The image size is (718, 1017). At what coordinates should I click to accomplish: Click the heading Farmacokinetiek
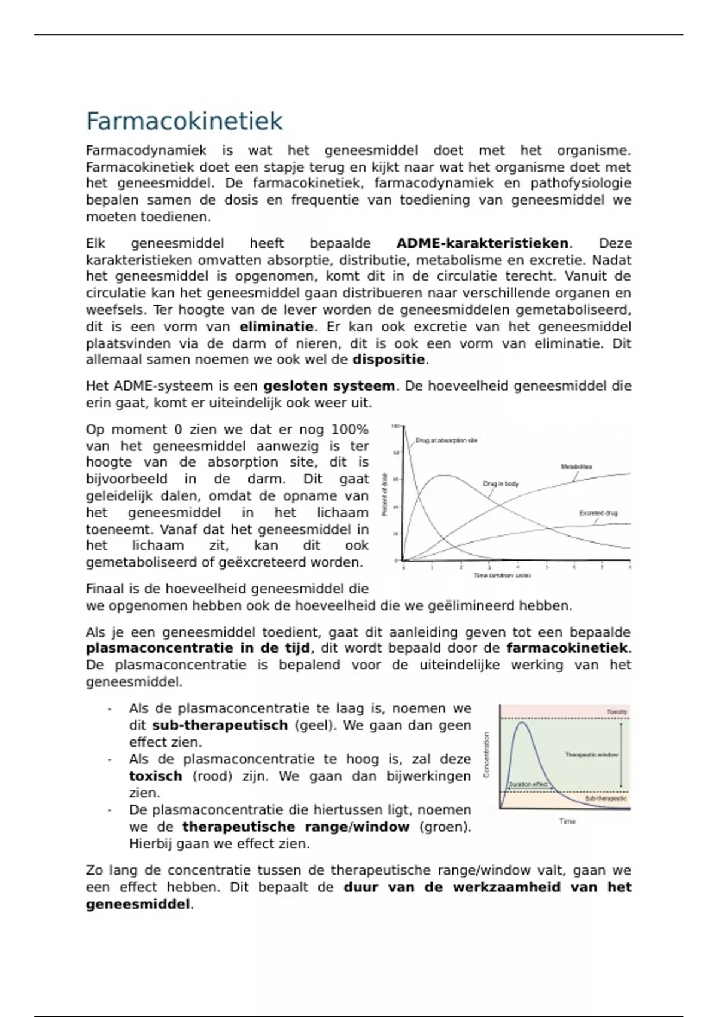pos(184,121)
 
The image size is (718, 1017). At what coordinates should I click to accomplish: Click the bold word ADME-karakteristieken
pos(482,243)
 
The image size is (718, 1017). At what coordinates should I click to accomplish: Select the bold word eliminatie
pos(276,327)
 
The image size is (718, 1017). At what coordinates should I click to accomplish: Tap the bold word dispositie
pos(389,360)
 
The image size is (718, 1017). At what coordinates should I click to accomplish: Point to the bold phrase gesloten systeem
pos(329,386)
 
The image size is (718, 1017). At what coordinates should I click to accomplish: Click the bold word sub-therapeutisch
pos(220,726)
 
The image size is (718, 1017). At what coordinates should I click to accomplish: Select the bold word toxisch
pos(156,776)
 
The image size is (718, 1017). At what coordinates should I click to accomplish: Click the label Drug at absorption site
pos(446,440)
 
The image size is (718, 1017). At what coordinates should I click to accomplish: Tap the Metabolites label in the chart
pos(576,467)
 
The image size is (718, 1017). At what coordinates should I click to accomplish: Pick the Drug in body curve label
pos(501,483)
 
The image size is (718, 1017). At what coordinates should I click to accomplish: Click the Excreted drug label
pos(598,513)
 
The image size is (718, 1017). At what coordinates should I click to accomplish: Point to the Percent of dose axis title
pos(385,494)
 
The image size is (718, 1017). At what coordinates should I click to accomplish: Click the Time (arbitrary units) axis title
pos(502,576)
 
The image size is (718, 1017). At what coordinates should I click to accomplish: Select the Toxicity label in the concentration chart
pos(617,712)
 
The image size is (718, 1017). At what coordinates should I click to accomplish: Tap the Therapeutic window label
pos(591,755)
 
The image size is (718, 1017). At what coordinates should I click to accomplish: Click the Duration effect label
pos(528,784)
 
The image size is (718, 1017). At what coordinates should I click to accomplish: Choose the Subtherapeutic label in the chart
pos(606,799)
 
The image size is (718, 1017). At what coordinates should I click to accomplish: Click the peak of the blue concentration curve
pos(522,723)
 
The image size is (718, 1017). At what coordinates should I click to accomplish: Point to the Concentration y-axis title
pos(487,755)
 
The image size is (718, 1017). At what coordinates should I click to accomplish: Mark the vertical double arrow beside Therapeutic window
pos(622,755)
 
